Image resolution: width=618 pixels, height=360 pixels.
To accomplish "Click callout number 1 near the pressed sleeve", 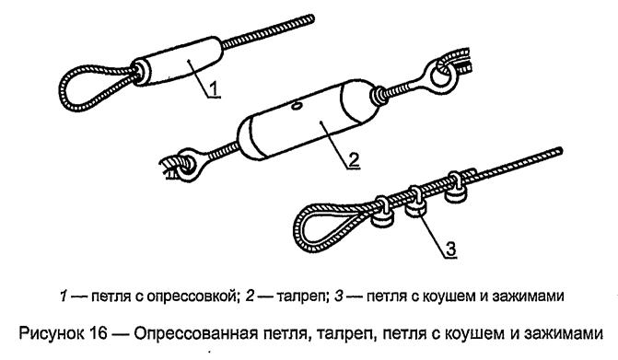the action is pos(214,87).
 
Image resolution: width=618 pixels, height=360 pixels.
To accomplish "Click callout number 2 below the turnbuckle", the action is pos(354,159).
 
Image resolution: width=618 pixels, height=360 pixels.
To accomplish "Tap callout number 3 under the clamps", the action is pos(450,249).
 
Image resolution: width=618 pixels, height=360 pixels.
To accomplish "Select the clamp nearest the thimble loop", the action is pos(382,214).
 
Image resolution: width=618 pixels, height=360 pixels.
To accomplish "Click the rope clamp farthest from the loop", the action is pos(455,187).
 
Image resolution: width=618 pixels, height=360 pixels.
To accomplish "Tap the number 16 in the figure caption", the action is pos(98,333).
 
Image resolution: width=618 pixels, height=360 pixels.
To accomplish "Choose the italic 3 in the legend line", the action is pos(339,296).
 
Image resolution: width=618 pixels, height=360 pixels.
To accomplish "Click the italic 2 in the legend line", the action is pos(250,296).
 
